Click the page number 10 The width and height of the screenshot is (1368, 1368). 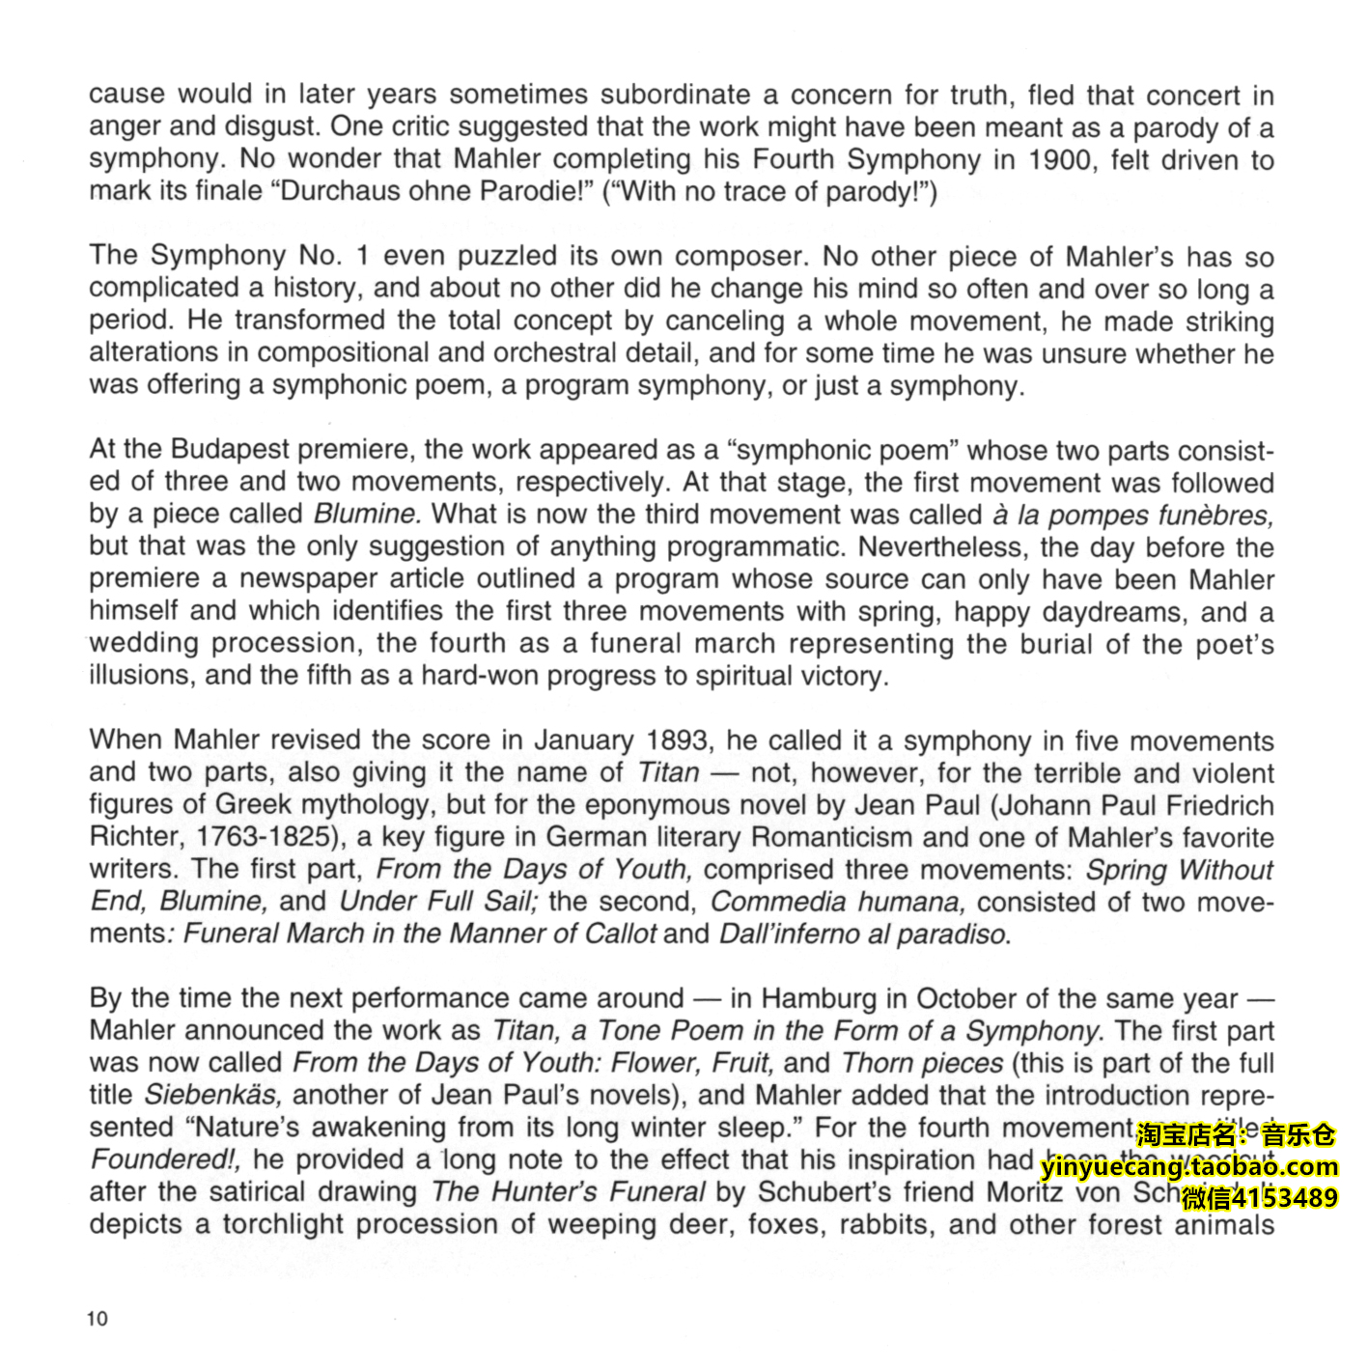click(x=98, y=1319)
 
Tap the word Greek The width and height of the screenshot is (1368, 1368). click(x=252, y=805)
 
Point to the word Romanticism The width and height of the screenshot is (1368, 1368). click(x=830, y=837)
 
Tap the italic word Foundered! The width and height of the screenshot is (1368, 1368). click(x=165, y=1159)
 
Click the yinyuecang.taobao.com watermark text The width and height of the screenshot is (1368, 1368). click(x=1189, y=1166)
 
